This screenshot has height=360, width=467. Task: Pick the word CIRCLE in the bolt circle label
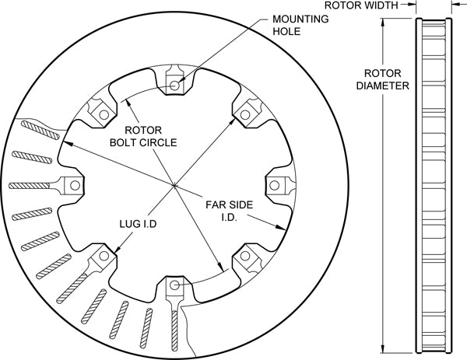[x=163, y=142]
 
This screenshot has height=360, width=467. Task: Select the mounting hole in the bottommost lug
[x=174, y=286]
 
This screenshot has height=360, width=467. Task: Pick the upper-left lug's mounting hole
[x=101, y=114]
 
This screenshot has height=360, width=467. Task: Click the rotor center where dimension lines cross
[x=174, y=184]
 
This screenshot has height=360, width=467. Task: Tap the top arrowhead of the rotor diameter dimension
[x=384, y=22]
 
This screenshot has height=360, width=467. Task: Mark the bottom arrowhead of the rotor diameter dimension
[x=384, y=348]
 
